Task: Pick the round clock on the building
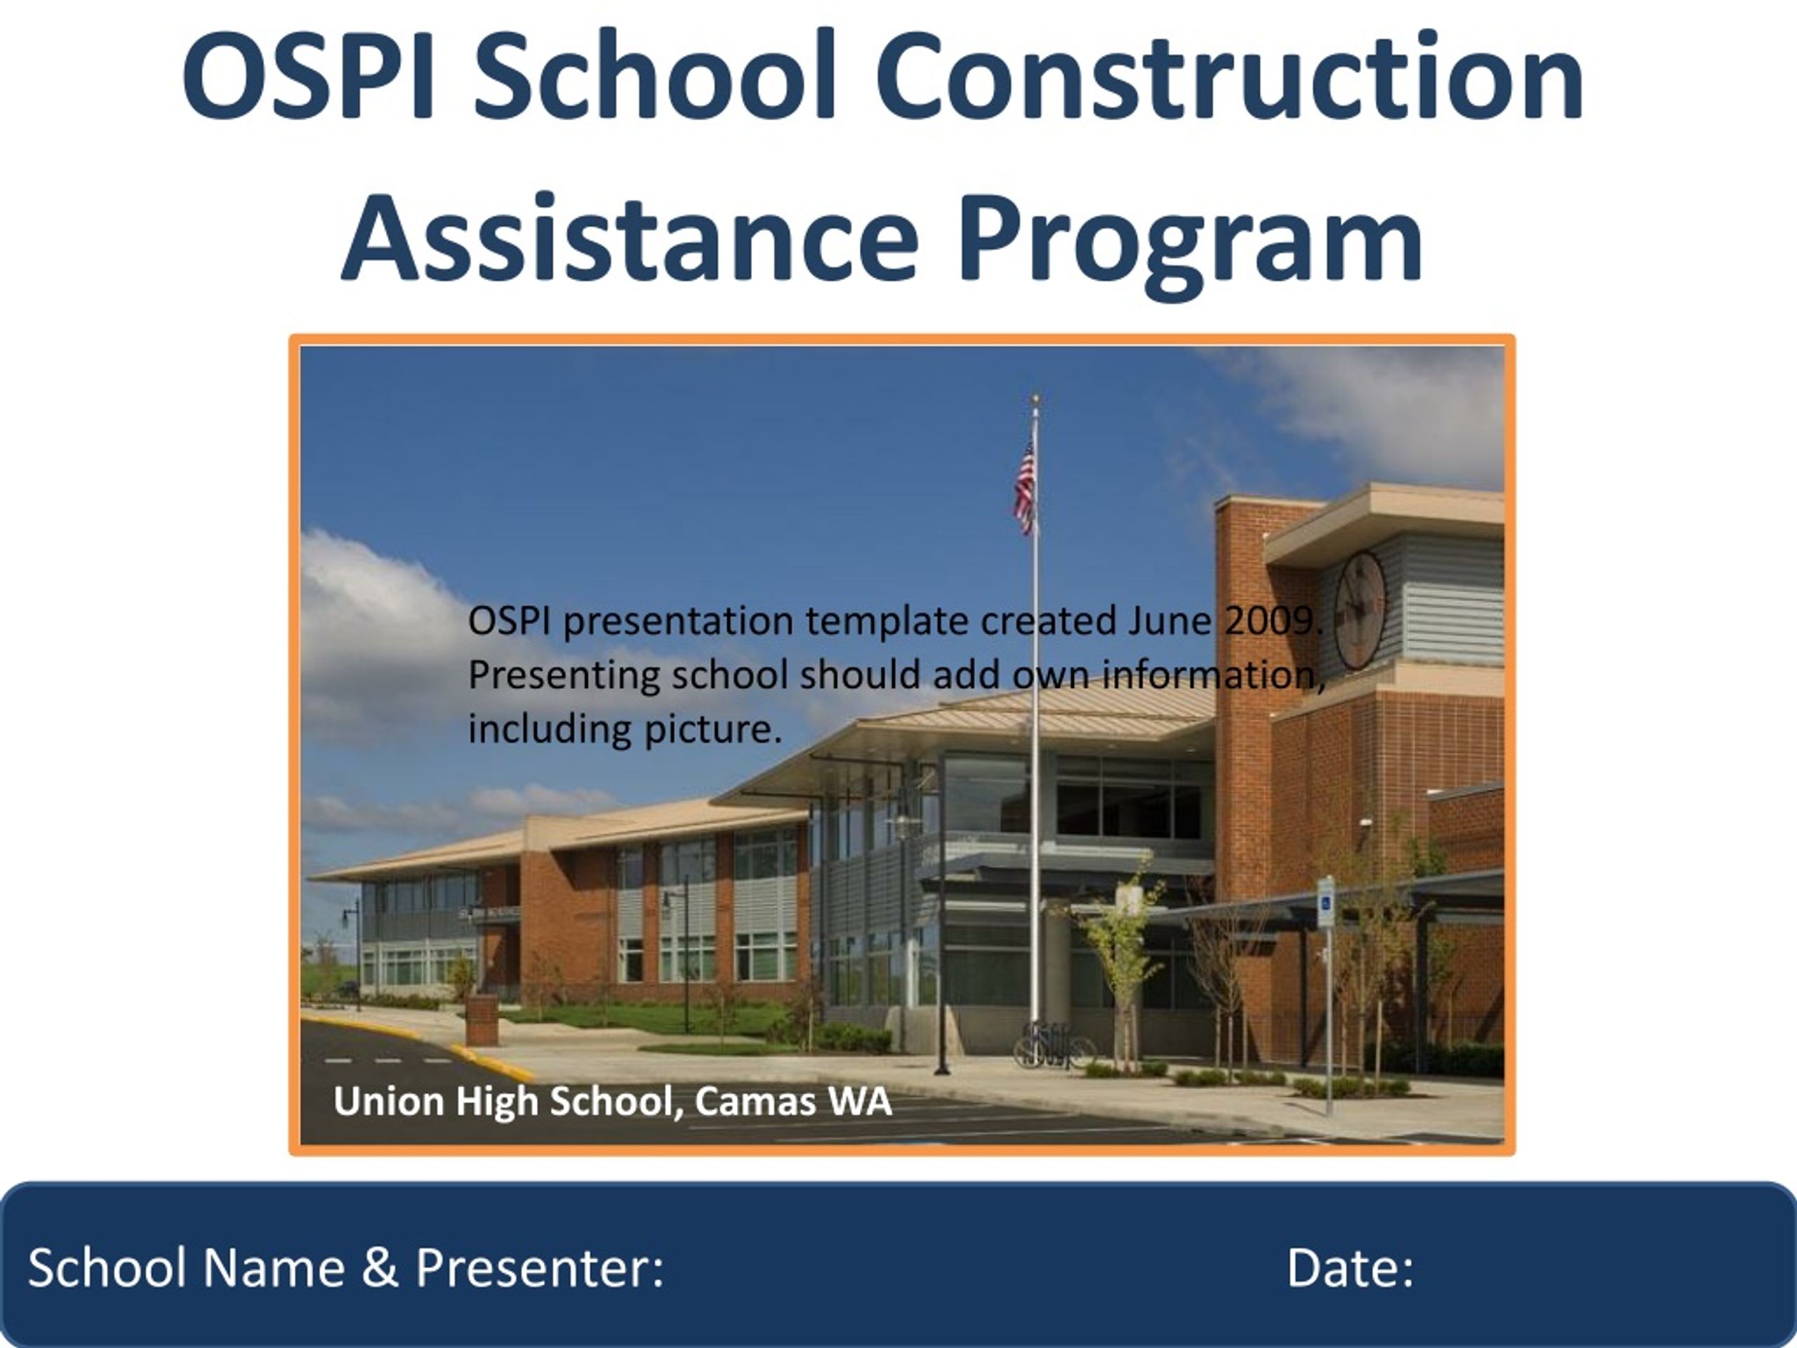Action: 1360,609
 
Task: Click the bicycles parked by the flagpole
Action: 1053,1047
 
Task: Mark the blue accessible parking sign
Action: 1325,902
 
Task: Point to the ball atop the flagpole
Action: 1035,399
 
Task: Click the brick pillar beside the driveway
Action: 482,1021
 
